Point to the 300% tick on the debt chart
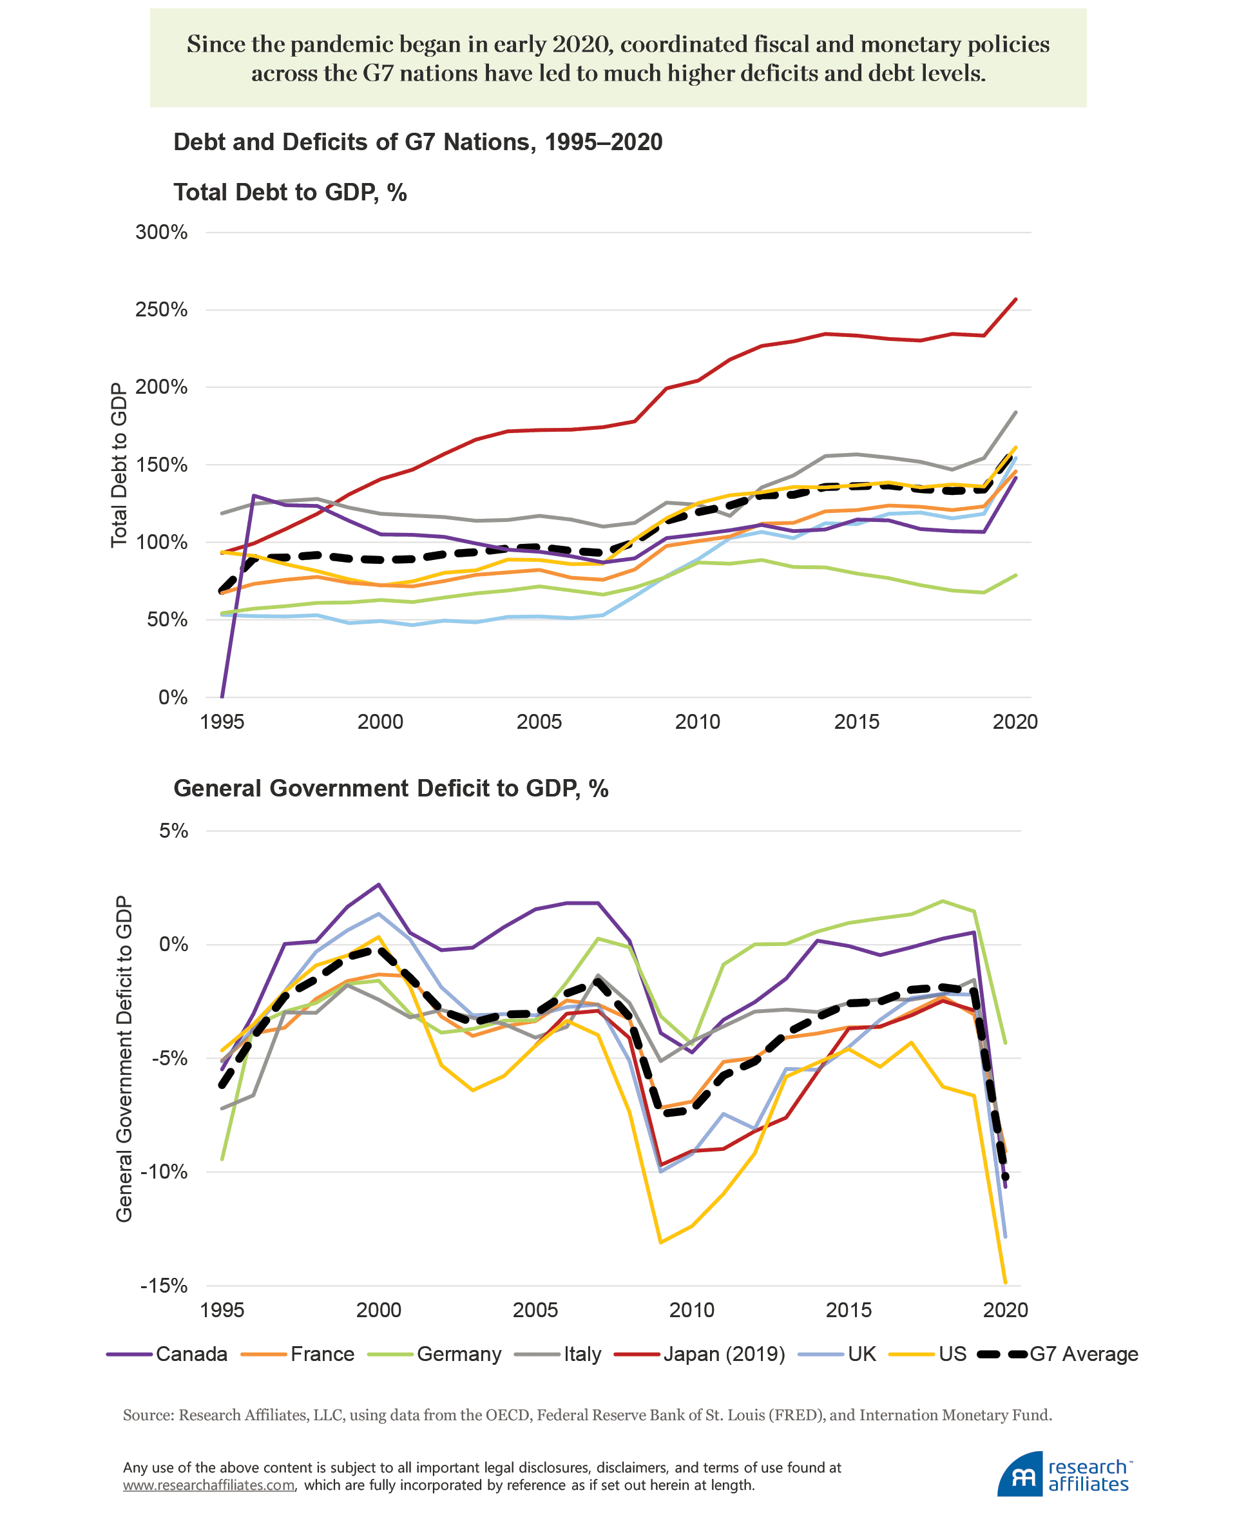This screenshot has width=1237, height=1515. point(162,233)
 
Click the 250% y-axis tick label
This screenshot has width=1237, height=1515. point(162,310)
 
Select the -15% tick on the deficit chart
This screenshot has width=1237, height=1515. point(164,1286)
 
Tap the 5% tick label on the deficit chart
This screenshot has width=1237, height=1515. point(174,831)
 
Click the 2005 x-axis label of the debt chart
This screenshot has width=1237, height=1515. point(539,722)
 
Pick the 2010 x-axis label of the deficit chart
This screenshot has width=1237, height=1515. point(691,1310)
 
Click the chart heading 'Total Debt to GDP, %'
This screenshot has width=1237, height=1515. point(290,193)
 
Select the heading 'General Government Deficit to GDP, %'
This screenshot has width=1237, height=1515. point(390,788)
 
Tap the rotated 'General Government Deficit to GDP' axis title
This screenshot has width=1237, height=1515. point(124,1058)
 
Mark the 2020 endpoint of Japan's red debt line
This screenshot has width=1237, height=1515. point(1015,299)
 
